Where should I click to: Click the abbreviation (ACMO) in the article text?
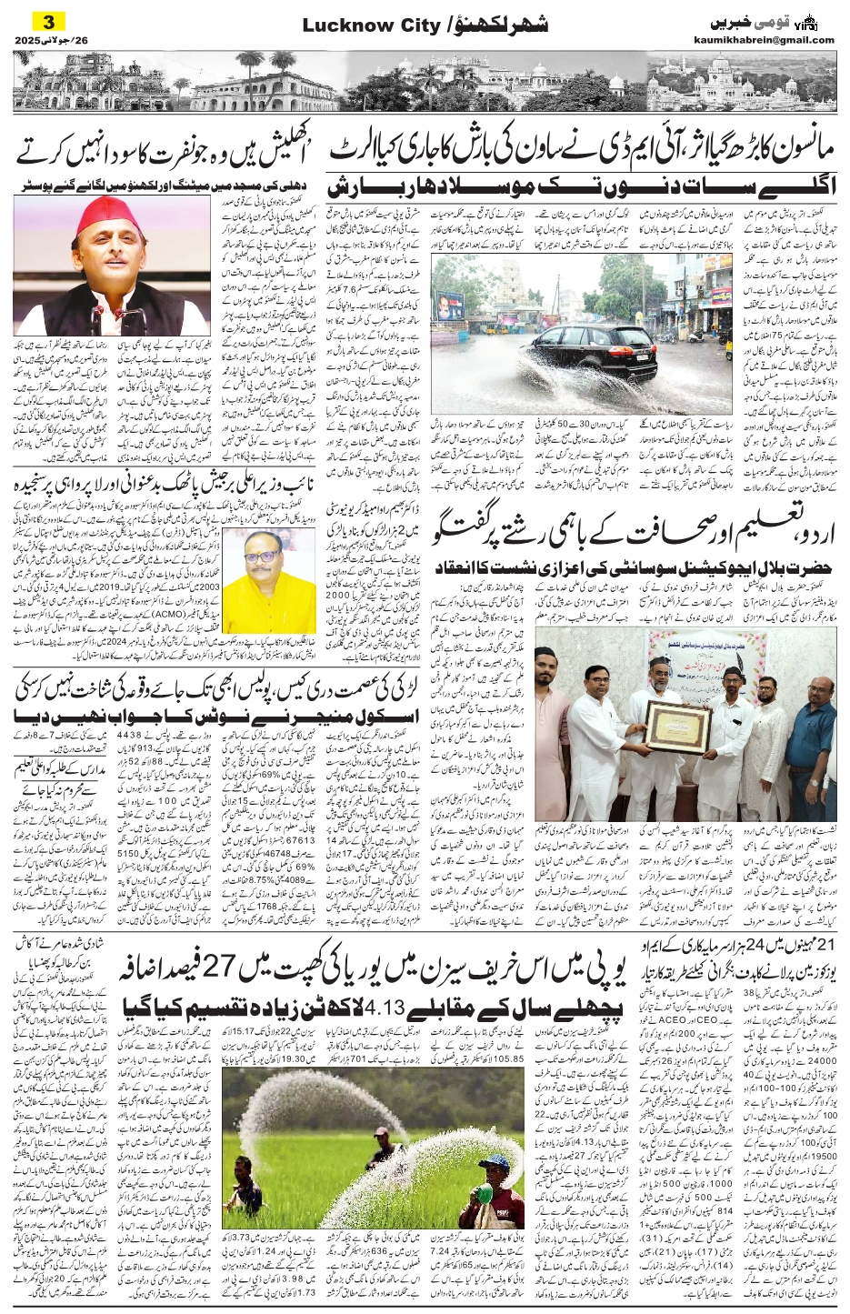tap(197, 622)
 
